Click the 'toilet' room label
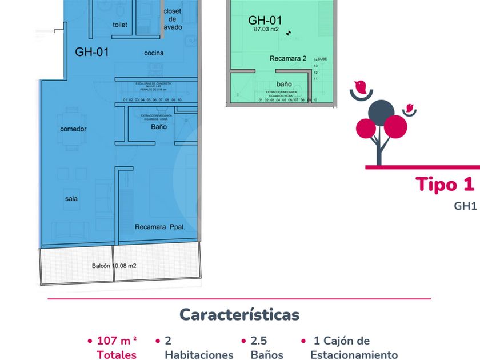pos(120,25)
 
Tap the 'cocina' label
pos(154,53)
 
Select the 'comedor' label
pos(73,129)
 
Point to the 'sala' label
pos(71,199)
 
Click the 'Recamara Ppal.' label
pos(160,227)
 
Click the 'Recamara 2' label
pos(288,58)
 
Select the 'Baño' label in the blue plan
pos(159,127)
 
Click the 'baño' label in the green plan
pos(284,84)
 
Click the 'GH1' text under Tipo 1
pos(465,206)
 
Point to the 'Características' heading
pos(239,315)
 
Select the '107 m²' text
pos(117,341)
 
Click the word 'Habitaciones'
pos(199,355)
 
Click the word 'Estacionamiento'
pos(354,355)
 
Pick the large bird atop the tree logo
pos(360,86)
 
